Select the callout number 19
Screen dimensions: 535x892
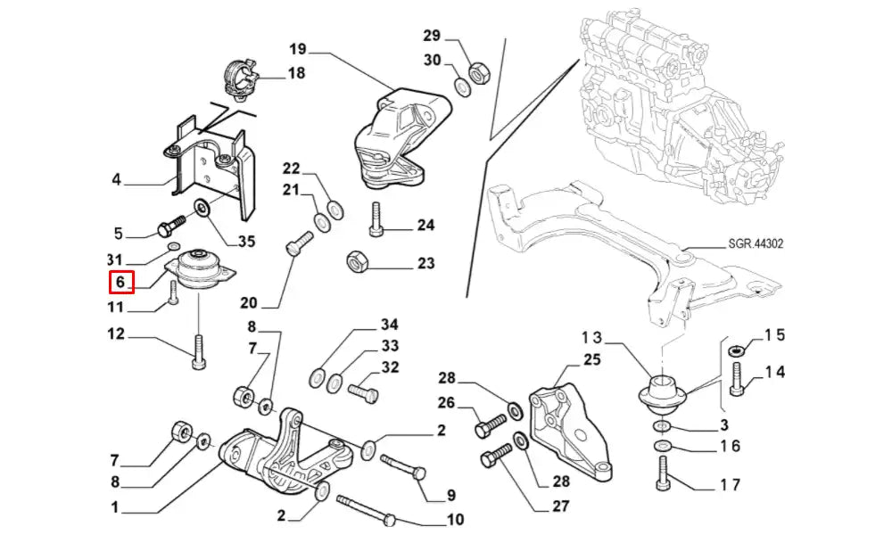[x=298, y=48]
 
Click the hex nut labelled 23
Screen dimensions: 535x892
[x=353, y=262]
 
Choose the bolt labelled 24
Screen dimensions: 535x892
[x=376, y=216]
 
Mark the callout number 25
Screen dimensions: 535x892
[x=593, y=359]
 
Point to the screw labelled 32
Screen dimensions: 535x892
[x=363, y=391]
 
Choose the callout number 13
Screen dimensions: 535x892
[x=593, y=338]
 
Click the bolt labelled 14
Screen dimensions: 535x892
[x=736, y=382]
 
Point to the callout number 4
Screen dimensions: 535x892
[x=116, y=180]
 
